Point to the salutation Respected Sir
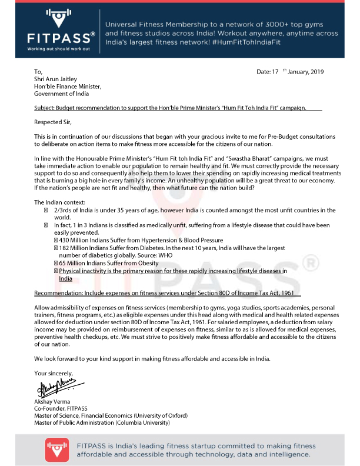click(x=52, y=122)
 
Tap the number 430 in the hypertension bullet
click(x=65, y=240)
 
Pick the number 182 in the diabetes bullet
click(x=65, y=248)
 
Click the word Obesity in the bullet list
click(x=145, y=263)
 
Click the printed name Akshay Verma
click(x=52, y=401)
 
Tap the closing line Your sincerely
click(x=53, y=374)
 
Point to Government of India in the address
click(x=61, y=94)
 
